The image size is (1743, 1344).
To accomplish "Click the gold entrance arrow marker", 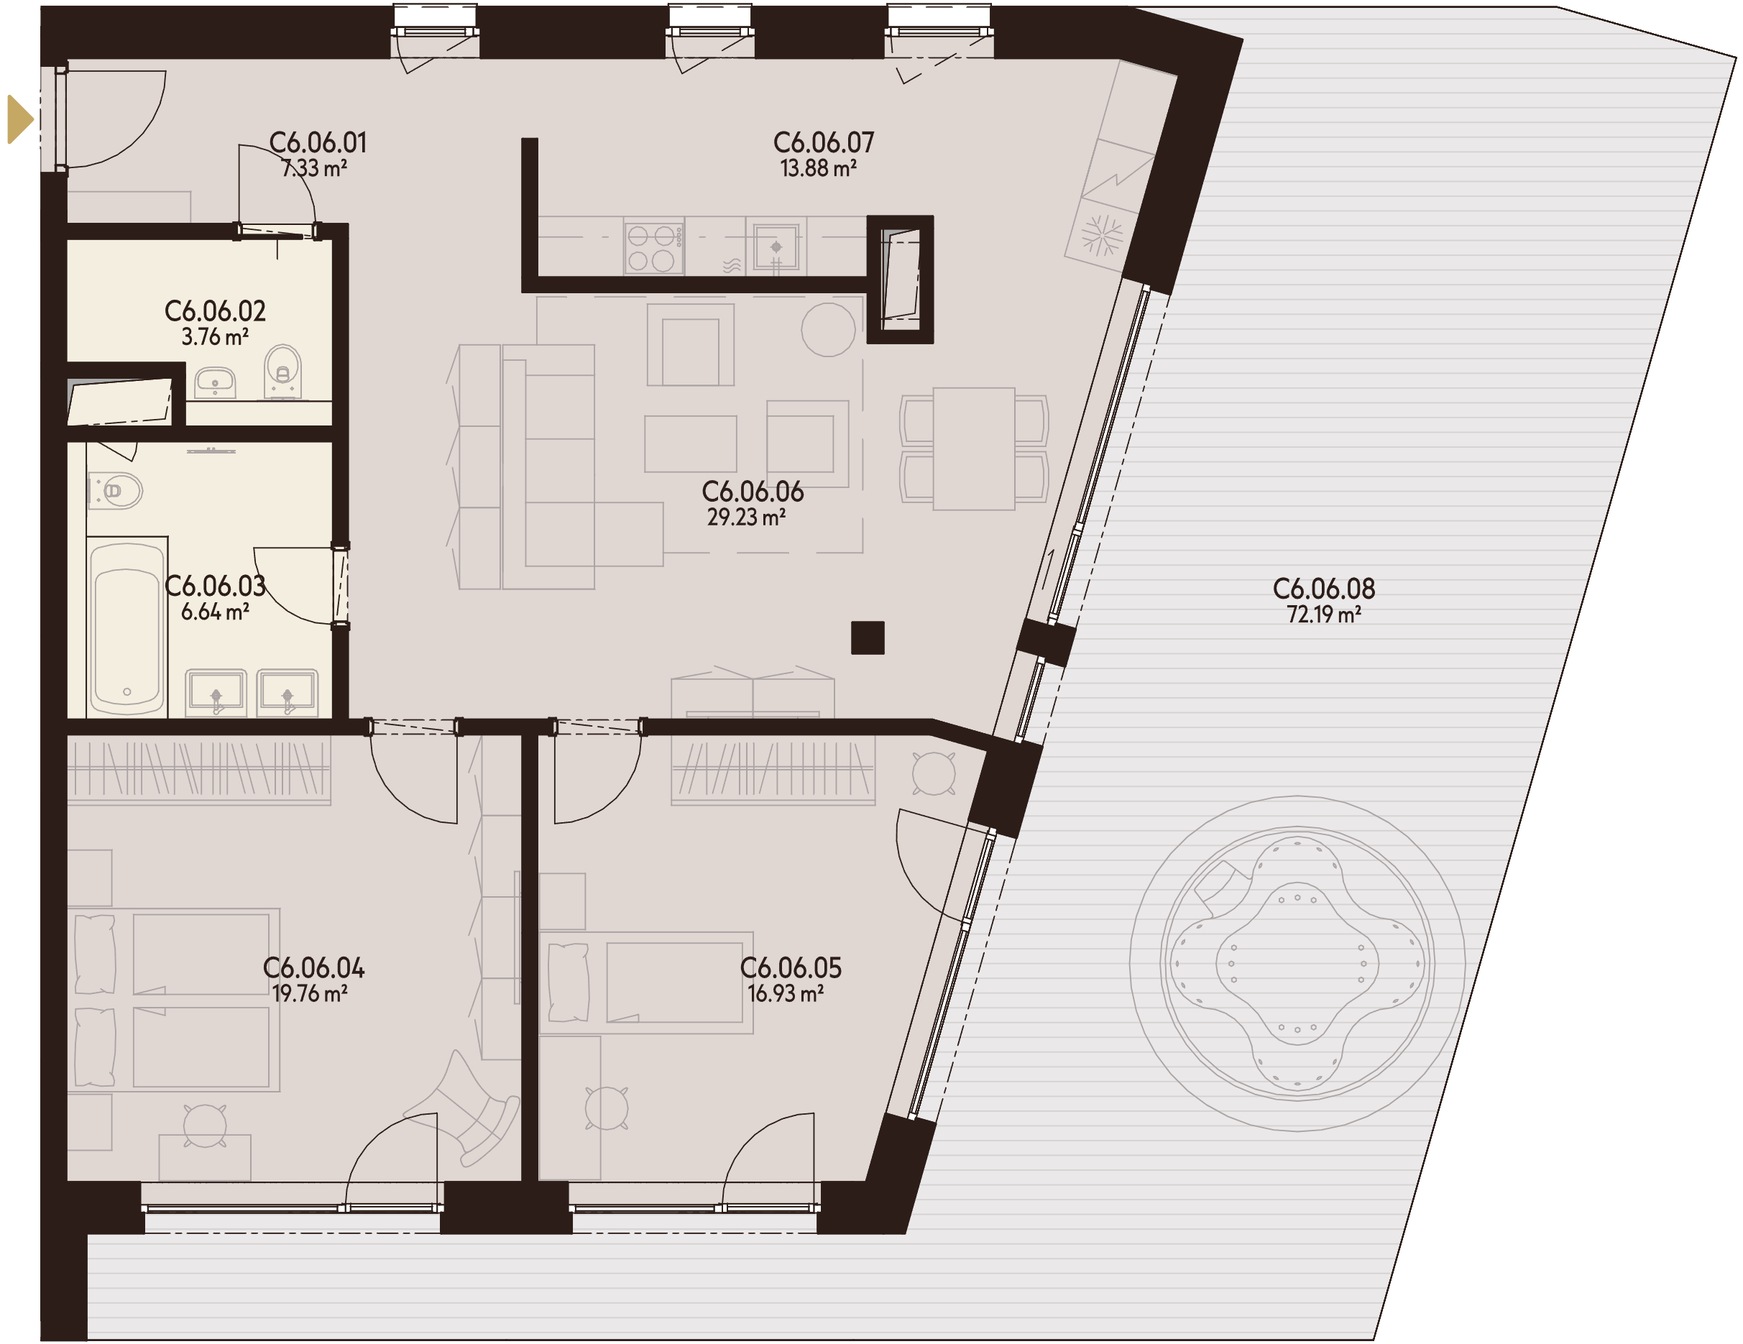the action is pos(19,119).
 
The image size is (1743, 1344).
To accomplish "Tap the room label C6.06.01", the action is pos(318,143).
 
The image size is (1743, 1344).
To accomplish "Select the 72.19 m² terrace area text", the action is pos(1323,615).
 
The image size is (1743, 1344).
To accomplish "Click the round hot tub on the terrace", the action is pos(1297,963).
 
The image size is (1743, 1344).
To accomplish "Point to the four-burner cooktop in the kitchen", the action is pos(653,247).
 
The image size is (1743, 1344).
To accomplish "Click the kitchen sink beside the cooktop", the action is pos(776,247).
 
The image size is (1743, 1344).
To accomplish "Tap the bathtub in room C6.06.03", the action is pos(127,627).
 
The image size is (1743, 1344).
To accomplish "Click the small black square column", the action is pos(868,638).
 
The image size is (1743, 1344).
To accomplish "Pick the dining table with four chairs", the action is pos(974,448).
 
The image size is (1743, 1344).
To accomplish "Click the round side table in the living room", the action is pos(829,330).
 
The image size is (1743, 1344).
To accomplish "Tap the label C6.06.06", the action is pos(753,492).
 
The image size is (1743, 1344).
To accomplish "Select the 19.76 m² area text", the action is pos(310,994).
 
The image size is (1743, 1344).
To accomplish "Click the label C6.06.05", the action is pos(790,968).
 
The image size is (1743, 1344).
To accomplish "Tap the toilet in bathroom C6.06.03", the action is pos(116,491).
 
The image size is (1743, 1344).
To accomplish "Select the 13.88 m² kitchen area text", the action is pos(818,168).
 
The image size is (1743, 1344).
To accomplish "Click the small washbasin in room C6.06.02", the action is pos(215,382).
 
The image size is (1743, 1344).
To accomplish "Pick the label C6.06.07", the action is pos(824,143).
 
